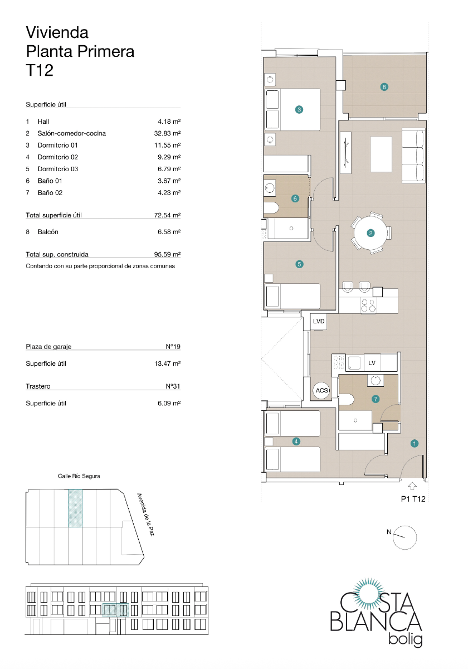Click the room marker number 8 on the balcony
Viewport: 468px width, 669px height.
(x=384, y=86)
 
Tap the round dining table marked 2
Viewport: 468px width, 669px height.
(x=370, y=233)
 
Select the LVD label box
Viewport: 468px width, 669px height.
(x=318, y=322)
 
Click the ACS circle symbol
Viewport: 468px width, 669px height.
(x=322, y=390)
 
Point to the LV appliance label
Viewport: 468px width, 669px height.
(x=372, y=363)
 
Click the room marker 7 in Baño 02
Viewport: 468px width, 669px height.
(x=376, y=399)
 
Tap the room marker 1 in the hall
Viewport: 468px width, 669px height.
(x=414, y=444)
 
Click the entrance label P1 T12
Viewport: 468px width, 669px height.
(x=413, y=499)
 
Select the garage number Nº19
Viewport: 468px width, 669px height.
(x=173, y=346)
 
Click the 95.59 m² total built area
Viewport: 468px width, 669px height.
(x=167, y=254)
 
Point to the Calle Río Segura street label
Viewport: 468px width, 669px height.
(x=79, y=476)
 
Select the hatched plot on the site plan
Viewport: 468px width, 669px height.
(x=75, y=508)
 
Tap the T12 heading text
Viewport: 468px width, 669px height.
(x=40, y=70)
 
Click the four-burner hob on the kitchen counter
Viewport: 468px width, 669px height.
(x=368, y=306)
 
